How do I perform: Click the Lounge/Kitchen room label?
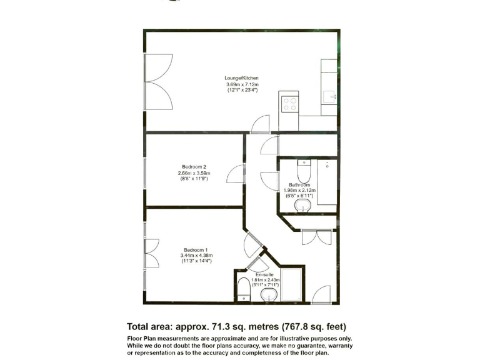pyautogui.click(x=242, y=78)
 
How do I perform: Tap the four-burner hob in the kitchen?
pyautogui.click(x=289, y=103)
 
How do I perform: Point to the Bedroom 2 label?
pyautogui.click(x=194, y=167)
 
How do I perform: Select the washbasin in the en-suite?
pyautogui.click(x=269, y=294)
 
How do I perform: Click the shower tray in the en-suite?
pyautogui.click(x=291, y=286)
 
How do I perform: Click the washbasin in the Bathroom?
pyautogui.click(x=303, y=206)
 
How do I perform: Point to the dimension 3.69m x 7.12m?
pyautogui.click(x=242, y=84)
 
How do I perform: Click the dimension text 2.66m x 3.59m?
pyautogui.click(x=194, y=173)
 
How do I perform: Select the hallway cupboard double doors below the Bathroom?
pyautogui.click(x=316, y=237)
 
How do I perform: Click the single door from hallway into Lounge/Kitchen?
pyautogui.click(x=260, y=125)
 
